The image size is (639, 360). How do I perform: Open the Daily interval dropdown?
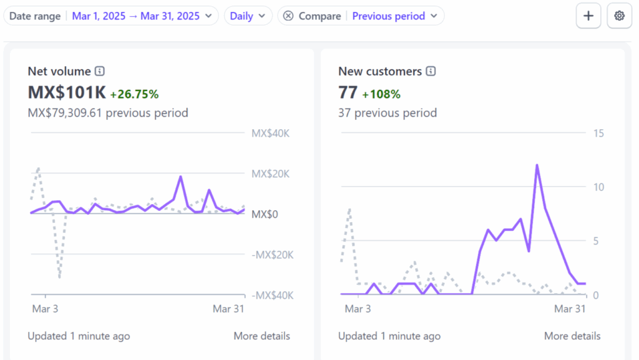[x=248, y=16]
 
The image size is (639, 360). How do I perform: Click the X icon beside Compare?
[x=288, y=16]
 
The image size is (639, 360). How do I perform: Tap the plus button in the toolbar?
[x=588, y=16]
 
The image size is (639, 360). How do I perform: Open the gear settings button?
[x=619, y=16]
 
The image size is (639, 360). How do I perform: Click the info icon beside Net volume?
[x=100, y=71]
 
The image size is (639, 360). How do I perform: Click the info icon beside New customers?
[x=431, y=71]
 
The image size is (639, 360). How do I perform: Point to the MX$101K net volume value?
[x=67, y=92]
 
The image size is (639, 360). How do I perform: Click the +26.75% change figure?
[x=135, y=94]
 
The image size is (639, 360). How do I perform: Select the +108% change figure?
[x=381, y=94]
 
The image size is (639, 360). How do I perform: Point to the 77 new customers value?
[x=348, y=92]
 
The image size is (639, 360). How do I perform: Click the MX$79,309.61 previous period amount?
[x=64, y=113]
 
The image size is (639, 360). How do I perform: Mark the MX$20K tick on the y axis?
[x=271, y=174]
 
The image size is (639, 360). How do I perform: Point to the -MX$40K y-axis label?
[x=272, y=295]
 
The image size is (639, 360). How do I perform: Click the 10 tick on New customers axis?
[x=598, y=187]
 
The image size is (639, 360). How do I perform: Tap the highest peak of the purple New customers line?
[x=537, y=165]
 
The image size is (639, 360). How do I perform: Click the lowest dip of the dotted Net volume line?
[x=59, y=277]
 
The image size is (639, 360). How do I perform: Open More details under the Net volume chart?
[x=261, y=336]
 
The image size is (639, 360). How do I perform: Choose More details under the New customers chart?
[x=572, y=336]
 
